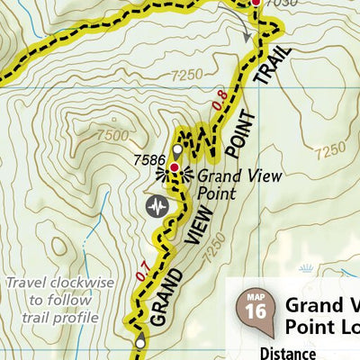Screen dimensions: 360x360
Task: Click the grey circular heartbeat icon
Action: pos(158,207)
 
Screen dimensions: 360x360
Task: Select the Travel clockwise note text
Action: pos(59,300)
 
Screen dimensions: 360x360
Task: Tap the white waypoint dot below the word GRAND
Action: pos(139,342)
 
